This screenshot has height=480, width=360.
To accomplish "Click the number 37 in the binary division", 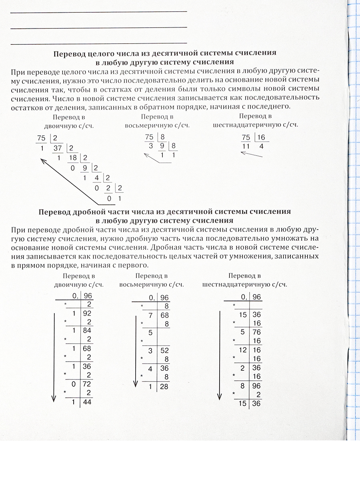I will pos(58,148).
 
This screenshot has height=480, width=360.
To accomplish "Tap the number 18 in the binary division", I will pos(72,158).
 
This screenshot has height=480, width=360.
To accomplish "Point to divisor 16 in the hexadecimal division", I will pos(261,138).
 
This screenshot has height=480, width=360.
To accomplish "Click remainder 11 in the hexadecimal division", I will pos(246,147).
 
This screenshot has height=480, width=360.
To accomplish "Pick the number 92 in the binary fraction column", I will pos(87,314).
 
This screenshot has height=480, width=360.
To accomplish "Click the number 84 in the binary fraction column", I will pos(87,331).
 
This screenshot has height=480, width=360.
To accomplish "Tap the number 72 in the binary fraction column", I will pos(87,384).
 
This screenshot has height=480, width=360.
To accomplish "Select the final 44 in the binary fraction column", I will pos(87,402).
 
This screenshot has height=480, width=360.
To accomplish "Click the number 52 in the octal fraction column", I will pos(164,350).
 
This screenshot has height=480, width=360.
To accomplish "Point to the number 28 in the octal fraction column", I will pos(164,386).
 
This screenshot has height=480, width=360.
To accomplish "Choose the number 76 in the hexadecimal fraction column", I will pos(256,332).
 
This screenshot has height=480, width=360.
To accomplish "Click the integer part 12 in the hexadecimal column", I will pos(243,350).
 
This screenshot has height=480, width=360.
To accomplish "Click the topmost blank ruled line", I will pos(98,12).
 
